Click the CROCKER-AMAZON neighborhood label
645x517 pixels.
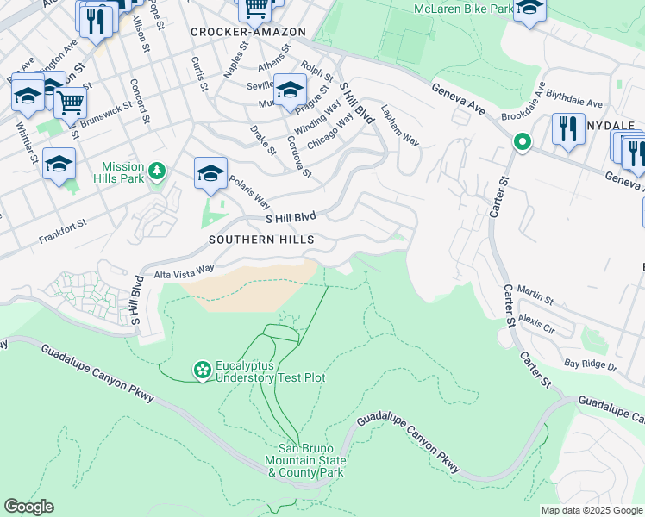(248, 32)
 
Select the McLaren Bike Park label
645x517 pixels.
(463, 8)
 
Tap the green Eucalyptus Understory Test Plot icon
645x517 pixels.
(203, 371)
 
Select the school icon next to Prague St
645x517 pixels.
(290, 90)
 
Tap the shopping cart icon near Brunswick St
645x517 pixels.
(70, 103)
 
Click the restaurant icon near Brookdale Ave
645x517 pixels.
(567, 128)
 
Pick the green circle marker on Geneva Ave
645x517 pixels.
(521, 142)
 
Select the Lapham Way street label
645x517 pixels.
(399, 127)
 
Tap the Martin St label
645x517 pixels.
(535, 296)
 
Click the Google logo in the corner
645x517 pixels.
(28, 507)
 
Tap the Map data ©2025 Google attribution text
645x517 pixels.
(592, 510)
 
